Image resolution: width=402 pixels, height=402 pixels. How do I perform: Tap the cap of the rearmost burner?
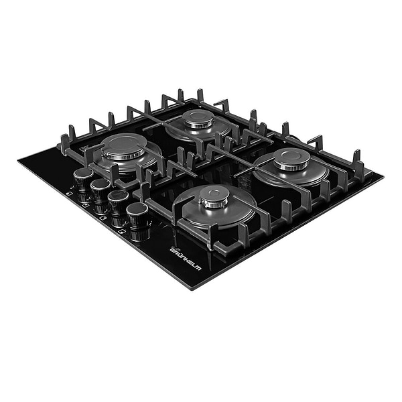click(198, 119)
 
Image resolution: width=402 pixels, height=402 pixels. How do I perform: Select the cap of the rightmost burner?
click(292, 158)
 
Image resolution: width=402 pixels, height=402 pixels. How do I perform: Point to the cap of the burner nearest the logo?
click(214, 196)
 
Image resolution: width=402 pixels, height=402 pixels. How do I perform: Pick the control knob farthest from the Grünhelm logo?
click(83, 178)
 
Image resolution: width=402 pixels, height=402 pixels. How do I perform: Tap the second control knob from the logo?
click(118, 202)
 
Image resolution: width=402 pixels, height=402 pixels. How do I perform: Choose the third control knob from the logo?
click(100, 189)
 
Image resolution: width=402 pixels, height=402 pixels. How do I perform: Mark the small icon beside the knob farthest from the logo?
click(69, 194)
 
